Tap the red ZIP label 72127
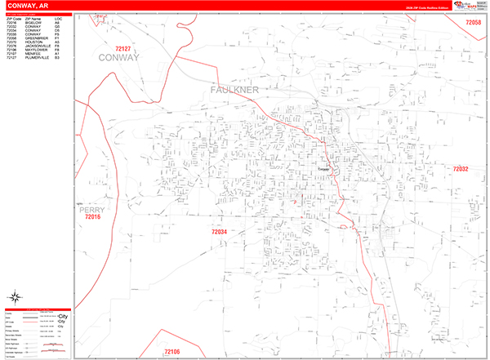pyautogui.click(x=123, y=48)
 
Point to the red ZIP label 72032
pyautogui.click(x=461, y=169)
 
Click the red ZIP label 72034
pyautogui.click(x=220, y=233)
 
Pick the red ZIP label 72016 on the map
pyautogui.click(x=92, y=217)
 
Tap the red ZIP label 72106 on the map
pyautogui.click(x=171, y=351)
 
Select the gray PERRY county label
pyautogui.click(x=92, y=209)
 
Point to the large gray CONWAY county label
pyautogui.click(x=119, y=58)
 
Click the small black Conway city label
pyautogui.click(x=324, y=169)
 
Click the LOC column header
pyautogui.click(x=58, y=18)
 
